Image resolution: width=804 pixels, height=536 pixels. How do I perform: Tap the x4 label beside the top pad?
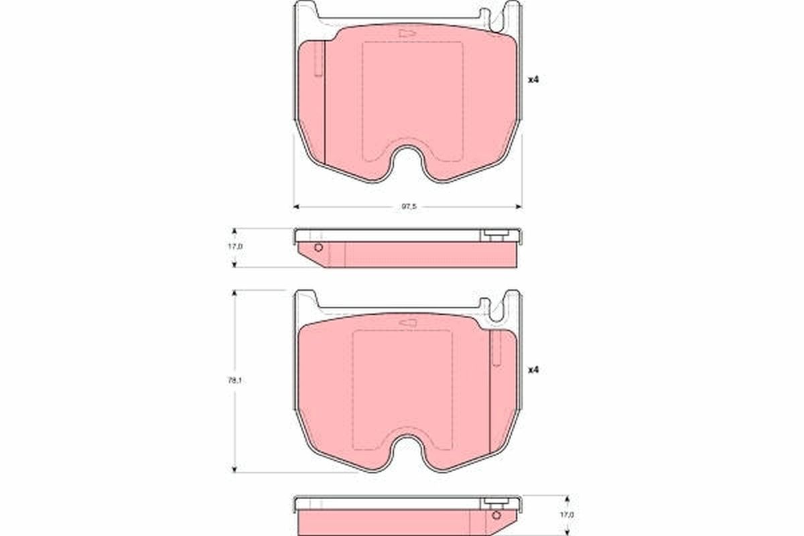[x=533, y=80]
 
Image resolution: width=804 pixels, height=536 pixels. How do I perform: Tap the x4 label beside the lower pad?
[x=533, y=370]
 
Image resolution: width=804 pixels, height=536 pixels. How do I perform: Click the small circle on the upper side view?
[x=318, y=248]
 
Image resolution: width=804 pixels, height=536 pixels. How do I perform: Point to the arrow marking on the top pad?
[x=405, y=33]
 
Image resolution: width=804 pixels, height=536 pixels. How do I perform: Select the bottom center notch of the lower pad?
[x=407, y=449]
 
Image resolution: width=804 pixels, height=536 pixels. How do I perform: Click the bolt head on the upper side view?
[x=496, y=235]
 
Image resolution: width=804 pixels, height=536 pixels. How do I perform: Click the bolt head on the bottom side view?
[x=496, y=503]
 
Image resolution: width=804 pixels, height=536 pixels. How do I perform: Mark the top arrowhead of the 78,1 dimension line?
[x=234, y=293]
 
